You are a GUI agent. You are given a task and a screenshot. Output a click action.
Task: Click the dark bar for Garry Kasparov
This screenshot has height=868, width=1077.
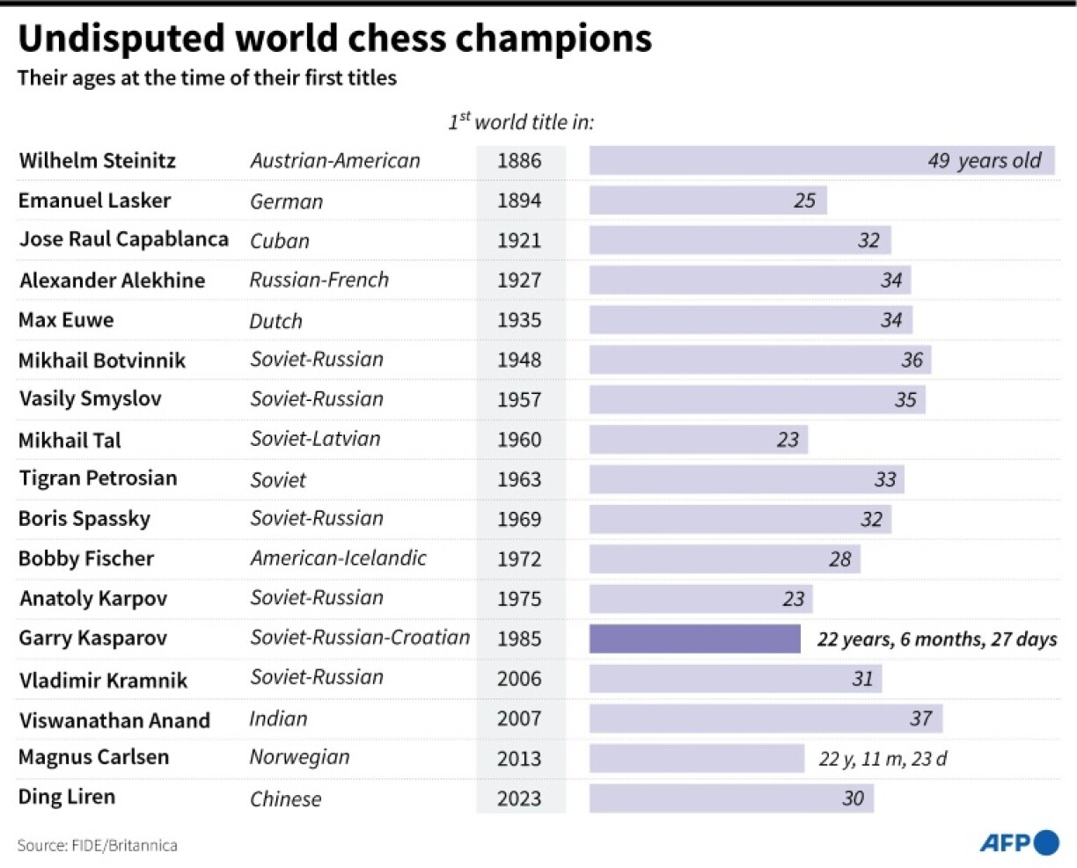tap(694, 639)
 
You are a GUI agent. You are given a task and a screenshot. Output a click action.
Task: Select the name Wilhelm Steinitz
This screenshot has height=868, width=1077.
tap(97, 161)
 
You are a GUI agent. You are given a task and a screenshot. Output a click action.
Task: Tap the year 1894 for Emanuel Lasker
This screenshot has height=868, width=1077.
tap(519, 201)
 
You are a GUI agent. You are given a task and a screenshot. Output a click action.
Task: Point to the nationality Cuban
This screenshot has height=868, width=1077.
tap(280, 241)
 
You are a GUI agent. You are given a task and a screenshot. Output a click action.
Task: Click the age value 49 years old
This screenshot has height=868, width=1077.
tap(984, 161)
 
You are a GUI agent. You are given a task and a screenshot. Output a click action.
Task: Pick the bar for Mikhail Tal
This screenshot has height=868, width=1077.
tap(698, 440)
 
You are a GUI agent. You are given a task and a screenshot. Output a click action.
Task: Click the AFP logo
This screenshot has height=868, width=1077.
tap(1019, 842)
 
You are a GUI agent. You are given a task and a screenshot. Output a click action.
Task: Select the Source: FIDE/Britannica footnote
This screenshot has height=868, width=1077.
tap(98, 846)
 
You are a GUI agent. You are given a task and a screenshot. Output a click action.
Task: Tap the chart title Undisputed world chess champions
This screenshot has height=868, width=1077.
tap(334, 39)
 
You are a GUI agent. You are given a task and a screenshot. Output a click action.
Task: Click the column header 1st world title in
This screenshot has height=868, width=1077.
tap(521, 122)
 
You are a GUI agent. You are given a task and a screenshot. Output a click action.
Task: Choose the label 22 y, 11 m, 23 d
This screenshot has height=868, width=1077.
tap(883, 759)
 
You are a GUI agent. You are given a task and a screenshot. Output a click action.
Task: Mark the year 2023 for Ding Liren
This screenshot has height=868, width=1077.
tap(519, 799)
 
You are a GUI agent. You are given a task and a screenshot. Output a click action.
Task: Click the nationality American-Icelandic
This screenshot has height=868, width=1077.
tap(338, 558)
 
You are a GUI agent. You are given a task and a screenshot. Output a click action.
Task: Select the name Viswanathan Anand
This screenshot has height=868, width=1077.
tap(114, 720)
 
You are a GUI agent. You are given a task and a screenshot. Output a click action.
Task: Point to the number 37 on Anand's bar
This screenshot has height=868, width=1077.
tap(920, 718)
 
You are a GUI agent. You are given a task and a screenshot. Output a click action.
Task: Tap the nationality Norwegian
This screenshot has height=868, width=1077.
tap(299, 757)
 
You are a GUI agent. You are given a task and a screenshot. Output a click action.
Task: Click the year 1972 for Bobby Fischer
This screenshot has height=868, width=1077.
tap(519, 559)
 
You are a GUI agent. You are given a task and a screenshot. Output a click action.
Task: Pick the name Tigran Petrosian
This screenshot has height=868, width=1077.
tap(98, 478)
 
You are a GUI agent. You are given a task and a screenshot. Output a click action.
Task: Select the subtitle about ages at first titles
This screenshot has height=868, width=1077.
tap(207, 78)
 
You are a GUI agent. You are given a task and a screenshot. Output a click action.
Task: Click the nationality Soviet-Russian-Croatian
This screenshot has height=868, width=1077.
tap(360, 638)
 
